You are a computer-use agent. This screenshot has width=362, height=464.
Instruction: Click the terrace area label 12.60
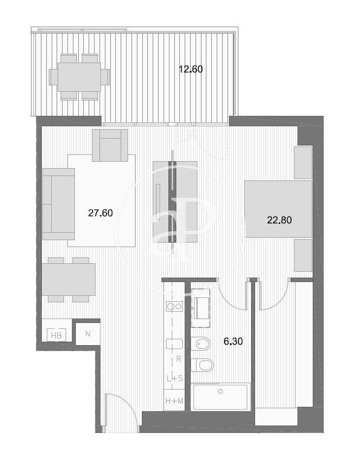coord(191,69)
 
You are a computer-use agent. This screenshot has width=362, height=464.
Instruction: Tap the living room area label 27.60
coord(100,213)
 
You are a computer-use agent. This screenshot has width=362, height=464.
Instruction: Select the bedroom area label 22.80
coord(279,220)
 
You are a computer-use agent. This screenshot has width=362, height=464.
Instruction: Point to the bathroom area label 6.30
coord(233,342)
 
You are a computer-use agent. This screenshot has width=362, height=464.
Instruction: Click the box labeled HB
coord(57,335)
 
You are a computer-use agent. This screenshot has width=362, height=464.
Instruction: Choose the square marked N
coord(88,334)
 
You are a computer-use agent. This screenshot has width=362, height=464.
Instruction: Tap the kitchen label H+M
coord(174,401)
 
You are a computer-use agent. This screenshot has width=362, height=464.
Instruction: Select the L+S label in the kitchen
coord(175,378)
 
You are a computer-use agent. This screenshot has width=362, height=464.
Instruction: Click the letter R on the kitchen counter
coord(178,359)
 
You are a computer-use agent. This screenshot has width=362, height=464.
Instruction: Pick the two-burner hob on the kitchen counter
coord(174,307)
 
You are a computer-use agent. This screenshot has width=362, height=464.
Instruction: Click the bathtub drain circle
coord(220,392)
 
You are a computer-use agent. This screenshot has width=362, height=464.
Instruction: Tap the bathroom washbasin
coord(200,308)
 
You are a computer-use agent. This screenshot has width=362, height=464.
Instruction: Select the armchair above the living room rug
coord(110,145)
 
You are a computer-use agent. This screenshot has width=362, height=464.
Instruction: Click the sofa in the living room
coord(59,204)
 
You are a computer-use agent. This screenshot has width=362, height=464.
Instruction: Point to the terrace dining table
coord(79,77)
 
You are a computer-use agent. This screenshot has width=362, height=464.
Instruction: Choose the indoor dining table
coord(68,280)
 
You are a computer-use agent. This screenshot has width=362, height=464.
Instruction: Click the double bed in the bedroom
coord(278,209)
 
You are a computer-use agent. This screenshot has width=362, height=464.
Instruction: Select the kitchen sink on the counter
coord(174,344)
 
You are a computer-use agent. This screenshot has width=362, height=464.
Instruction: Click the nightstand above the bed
coord(303,162)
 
